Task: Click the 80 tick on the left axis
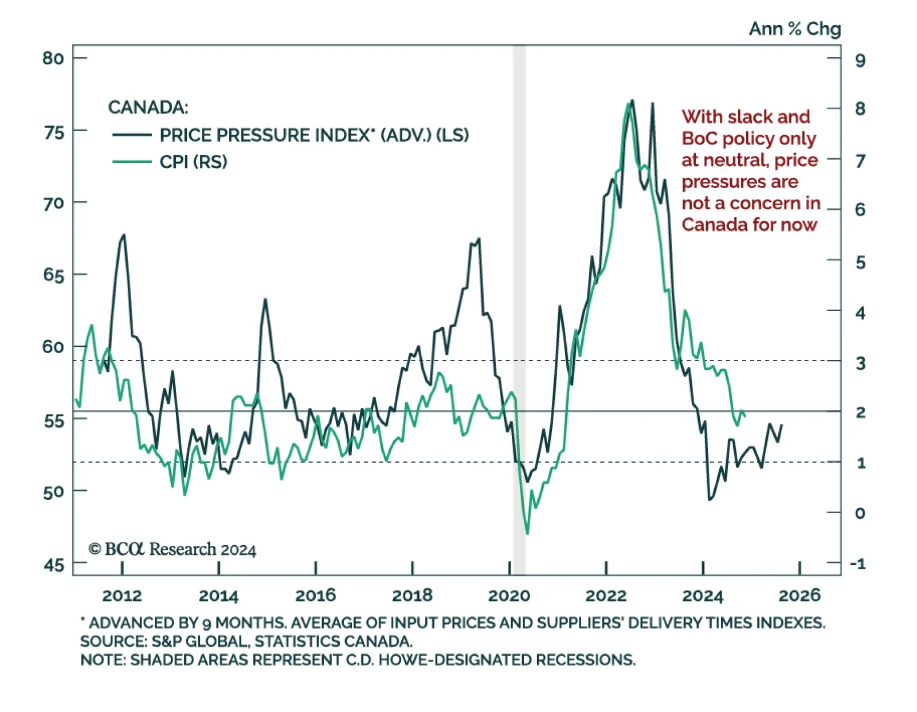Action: (53, 58)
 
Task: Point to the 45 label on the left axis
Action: (54, 565)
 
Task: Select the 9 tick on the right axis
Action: (860, 60)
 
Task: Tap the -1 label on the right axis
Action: (858, 564)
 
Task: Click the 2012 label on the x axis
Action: (122, 596)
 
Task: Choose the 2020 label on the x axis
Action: (509, 596)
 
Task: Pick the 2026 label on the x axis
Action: (800, 596)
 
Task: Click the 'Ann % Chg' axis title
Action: (795, 29)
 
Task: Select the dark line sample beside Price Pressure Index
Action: (132, 135)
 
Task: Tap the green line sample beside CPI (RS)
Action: (132, 162)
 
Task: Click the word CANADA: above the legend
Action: (148, 107)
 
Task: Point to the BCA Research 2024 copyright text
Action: (172, 549)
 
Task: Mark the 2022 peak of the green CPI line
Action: (628, 104)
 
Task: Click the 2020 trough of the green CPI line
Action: (527, 533)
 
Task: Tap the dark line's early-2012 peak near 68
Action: (124, 235)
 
